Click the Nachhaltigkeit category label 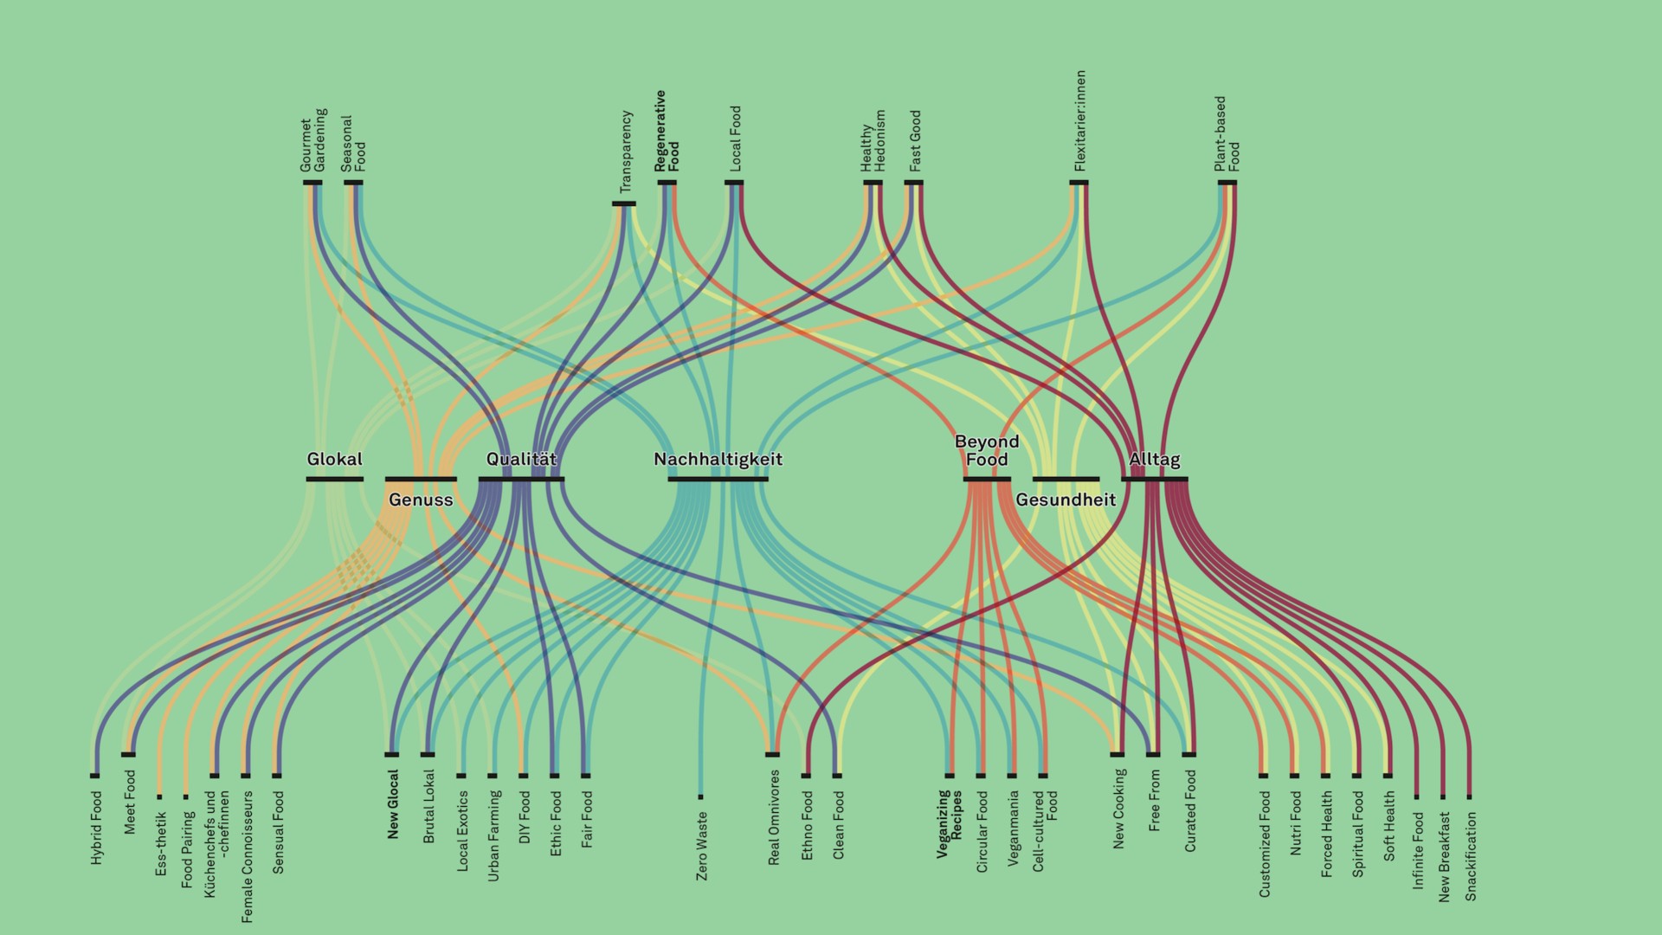click(718, 459)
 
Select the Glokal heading click(334, 459)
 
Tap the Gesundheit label click(1066, 500)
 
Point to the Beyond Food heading click(987, 450)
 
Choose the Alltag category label click(1154, 459)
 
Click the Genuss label click(421, 500)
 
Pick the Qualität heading click(521, 459)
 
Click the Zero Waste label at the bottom click(702, 846)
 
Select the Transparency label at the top click(626, 152)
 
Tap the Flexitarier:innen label click(1079, 121)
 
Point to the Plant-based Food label click(1227, 133)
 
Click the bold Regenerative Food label click(667, 131)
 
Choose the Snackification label click(1471, 856)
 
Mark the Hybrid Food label click(96, 828)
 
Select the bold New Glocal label click(393, 804)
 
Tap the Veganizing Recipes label click(950, 823)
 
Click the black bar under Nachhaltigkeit click(718, 479)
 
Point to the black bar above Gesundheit click(1066, 479)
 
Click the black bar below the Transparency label click(624, 204)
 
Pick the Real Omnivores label click(774, 817)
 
